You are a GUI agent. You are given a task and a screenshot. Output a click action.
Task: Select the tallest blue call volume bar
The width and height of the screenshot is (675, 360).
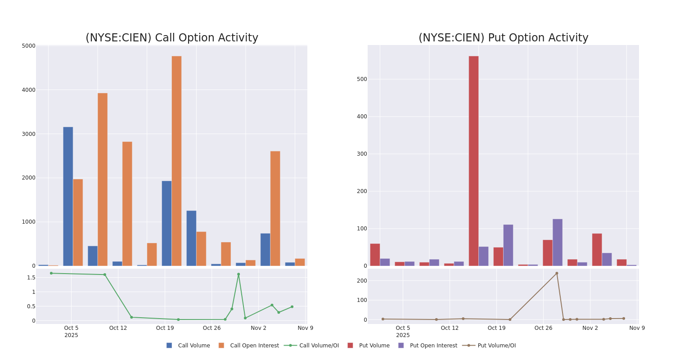tap(68, 196)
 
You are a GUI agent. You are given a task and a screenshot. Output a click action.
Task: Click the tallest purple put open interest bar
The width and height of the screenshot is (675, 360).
tap(558, 243)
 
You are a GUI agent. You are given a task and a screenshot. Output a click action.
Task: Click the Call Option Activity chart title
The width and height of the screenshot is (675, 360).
tap(172, 38)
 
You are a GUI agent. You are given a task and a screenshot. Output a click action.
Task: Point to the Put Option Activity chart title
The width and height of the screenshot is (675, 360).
tap(503, 38)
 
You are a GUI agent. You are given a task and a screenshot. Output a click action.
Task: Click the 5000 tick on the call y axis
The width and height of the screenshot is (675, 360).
tap(28, 46)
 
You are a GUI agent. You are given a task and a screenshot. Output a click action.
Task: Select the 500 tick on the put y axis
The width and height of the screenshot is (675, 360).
tap(362, 79)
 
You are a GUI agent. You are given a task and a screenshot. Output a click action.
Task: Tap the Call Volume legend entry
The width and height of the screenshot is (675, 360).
tap(188, 346)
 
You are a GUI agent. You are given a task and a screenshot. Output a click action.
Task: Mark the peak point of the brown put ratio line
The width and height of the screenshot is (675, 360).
tap(557, 273)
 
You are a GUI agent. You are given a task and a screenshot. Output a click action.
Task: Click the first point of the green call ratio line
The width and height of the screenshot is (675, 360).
tap(51, 273)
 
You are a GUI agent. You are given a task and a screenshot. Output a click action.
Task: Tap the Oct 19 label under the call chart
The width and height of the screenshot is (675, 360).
tap(165, 328)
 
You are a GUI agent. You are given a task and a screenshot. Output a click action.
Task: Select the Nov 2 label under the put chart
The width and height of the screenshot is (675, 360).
tap(590, 328)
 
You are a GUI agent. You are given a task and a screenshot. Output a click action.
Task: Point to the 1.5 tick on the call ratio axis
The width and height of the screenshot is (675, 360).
tap(31, 278)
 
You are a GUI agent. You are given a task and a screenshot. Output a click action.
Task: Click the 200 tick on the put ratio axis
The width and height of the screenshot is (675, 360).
tap(362, 281)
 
